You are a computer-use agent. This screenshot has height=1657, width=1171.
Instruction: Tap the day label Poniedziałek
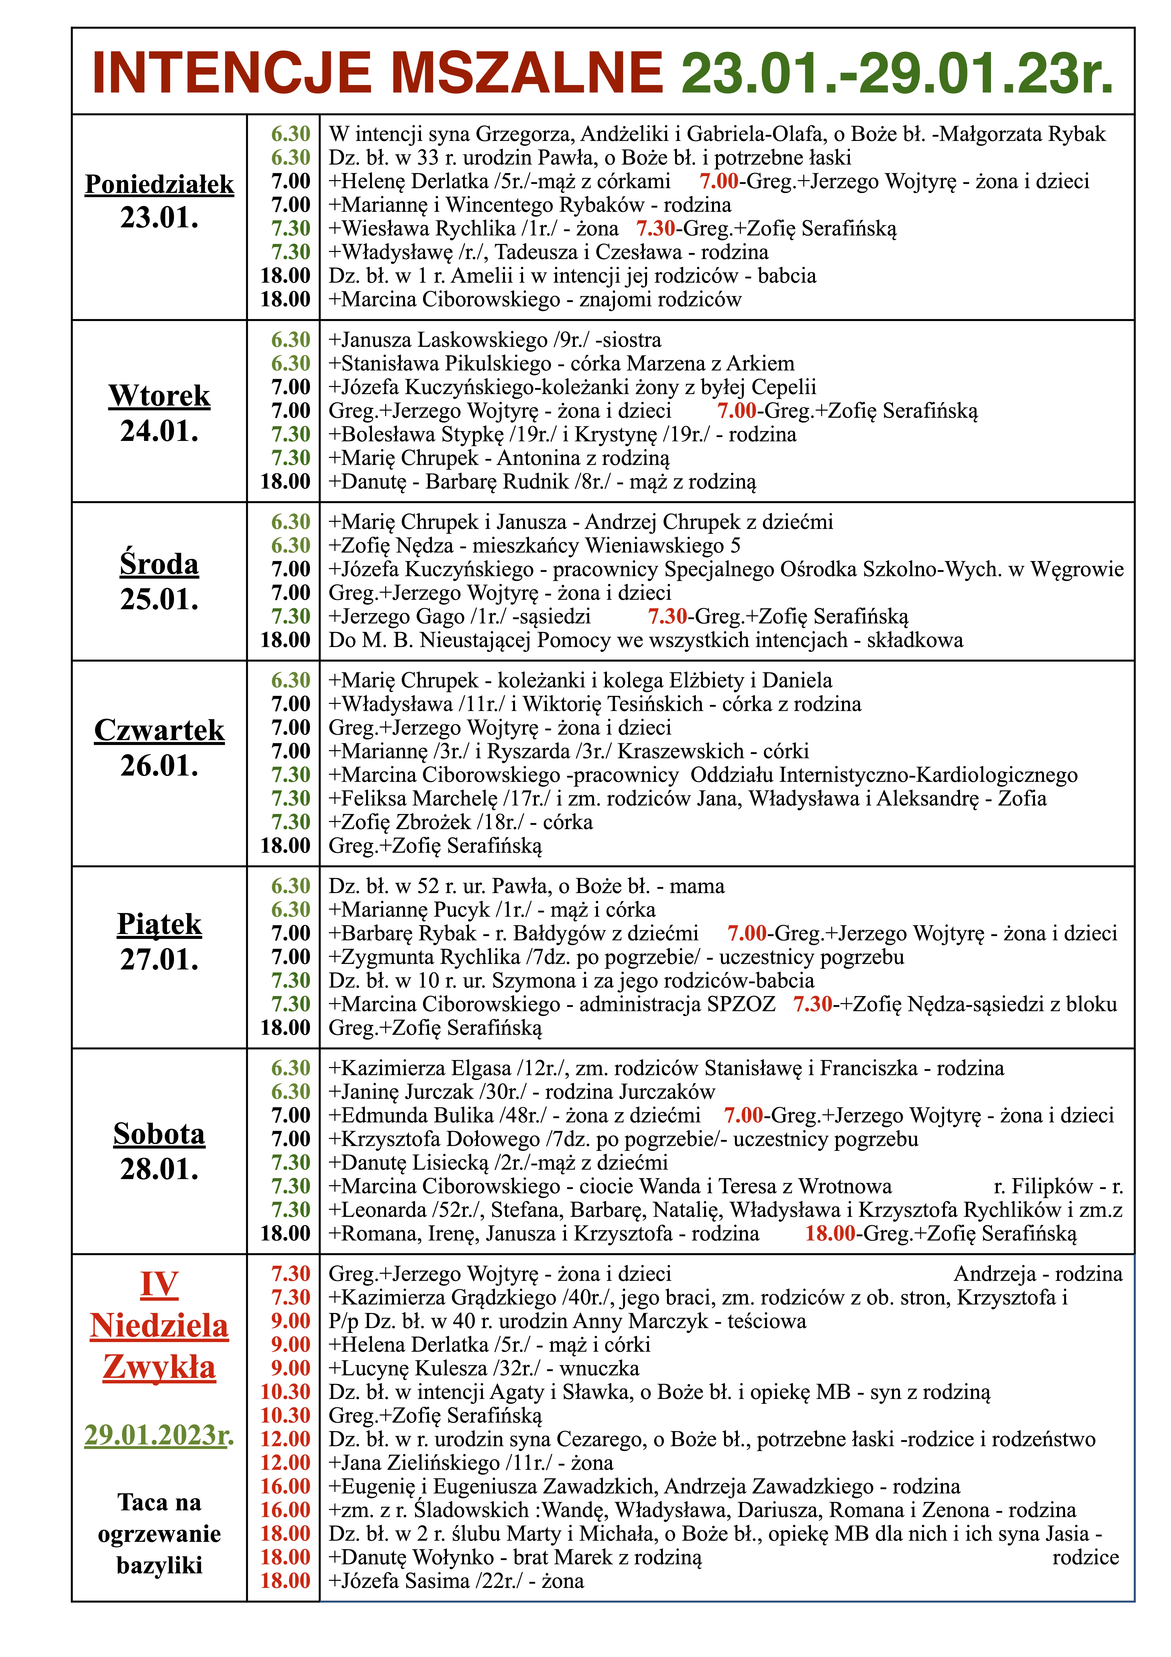pyautogui.click(x=159, y=185)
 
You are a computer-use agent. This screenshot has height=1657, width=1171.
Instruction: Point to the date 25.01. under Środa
pyautogui.click(x=159, y=600)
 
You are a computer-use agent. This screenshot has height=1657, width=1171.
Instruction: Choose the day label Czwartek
pyautogui.click(x=159, y=730)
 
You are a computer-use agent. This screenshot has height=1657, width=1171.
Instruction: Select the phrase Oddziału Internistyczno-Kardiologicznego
pyautogui.click(x=884, y=775)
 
